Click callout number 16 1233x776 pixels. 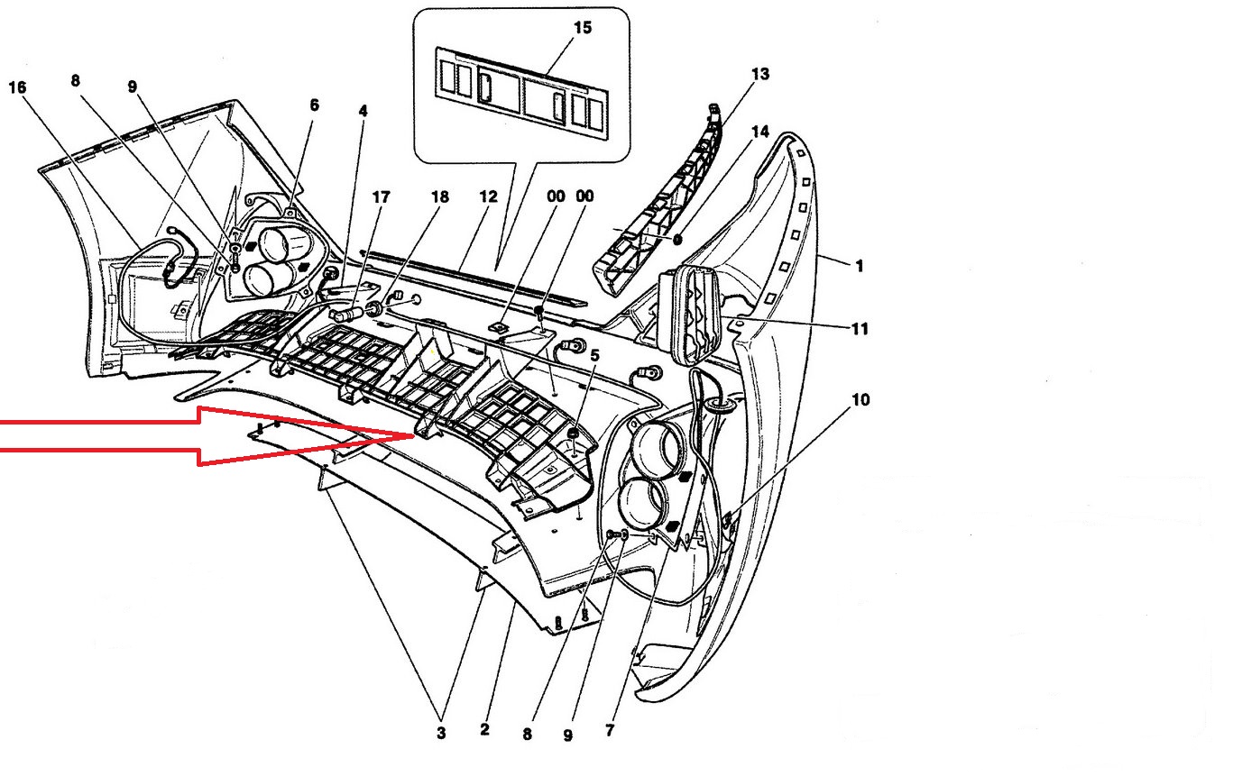(x=17, y=87)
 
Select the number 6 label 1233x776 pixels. (x=314, y=105)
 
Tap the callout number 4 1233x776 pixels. (x=363, y=112)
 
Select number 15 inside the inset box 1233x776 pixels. (x=582, y=28)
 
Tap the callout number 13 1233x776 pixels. (x=759, y=74)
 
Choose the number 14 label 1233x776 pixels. (x=759, y=132)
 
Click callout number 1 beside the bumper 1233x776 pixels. (x=860, y=266)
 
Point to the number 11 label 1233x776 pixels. (x=860, y=329)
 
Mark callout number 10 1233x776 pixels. (x=860, y=398)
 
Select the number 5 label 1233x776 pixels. (x=594, y=355)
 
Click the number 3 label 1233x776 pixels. (x=441, y=734)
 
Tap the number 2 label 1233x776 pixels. (x=484, y=729)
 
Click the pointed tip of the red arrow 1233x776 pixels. (x=413, y=435)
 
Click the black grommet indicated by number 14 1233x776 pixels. (x=677, y=239)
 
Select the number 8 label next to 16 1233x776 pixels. (x=75, y=81)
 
